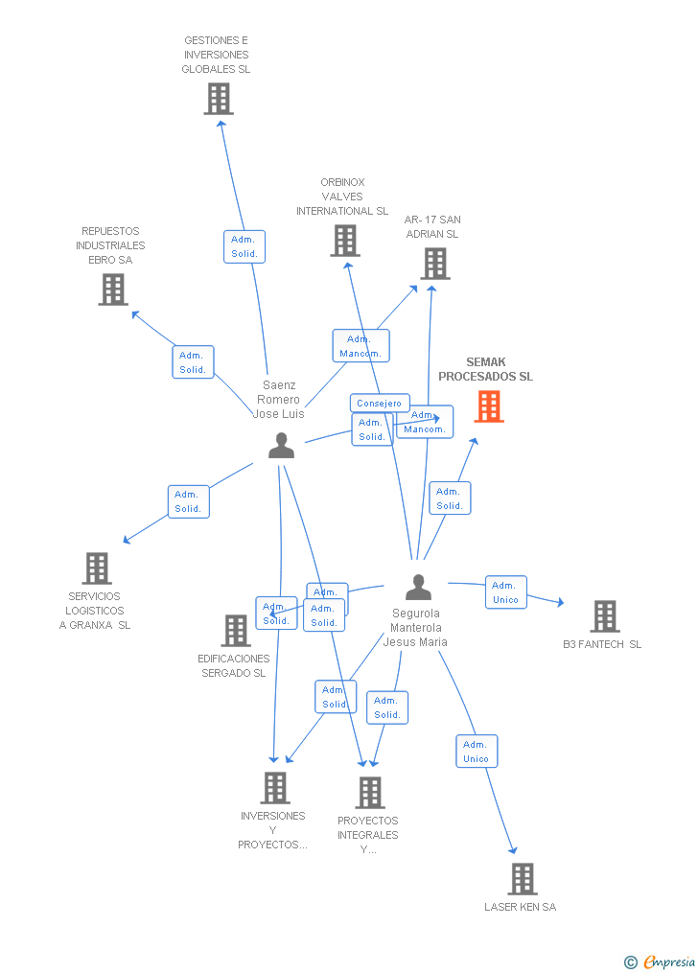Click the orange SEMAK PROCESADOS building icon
pyautogui.click(x=489, y=406)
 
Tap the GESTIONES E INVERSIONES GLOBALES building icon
pyautogui.click(x=219, y=98)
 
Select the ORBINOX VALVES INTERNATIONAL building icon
pyautogui.click(x=345, y=241)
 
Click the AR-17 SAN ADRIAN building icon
pyautogui.click(x=434, y=263)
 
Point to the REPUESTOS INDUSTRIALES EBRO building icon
pyautogui.click(x=113, y=289)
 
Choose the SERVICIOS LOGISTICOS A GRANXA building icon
pyautogui.click(x=96, y=568)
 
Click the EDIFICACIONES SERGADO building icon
pyautogui.click(x=236, y=630)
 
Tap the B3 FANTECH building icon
pyautogui.click(x=604, y=615)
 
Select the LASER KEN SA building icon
pyautogui.click(x=522, y=878)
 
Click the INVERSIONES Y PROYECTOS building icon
pyautogui.click(x=275, y=787)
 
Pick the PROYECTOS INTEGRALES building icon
pyautogui.click(x=370, y=792)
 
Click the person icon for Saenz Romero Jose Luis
pyautogui.click(x=281, y=446)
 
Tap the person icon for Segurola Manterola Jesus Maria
pyautogui.click(x=418, y=587)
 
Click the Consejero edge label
pyautogui.click(x=380, y=404)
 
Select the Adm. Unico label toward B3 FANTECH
pyautogui.click(x=505, y=592)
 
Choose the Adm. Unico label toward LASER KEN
pyautogui.click(x=476, y=752)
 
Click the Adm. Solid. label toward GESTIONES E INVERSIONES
pyautogui.click(x=244, y=246)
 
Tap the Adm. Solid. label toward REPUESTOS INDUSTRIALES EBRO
pyautogui.click(x=193, y=362)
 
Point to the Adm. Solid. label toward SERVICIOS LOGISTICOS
pyautogui.click(x=188, y=501)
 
